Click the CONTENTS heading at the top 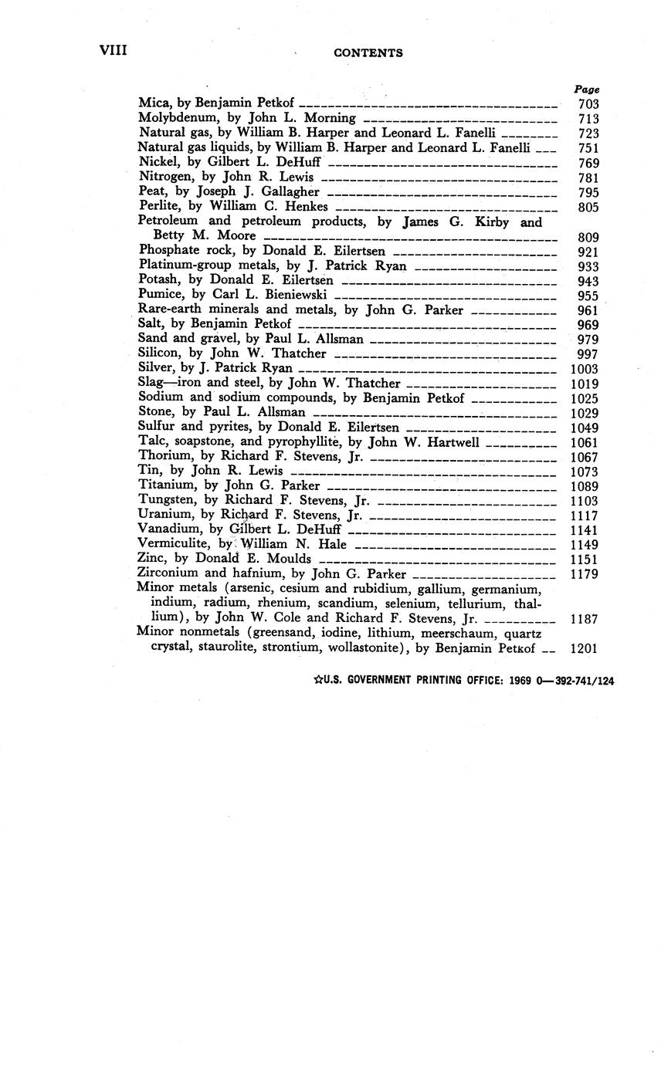pyautogui.click(x=368, y=53)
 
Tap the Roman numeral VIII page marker pyautogui.click(x=113, y=51)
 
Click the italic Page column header pyautogui.click(x=587, y=90)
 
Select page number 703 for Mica pyautogui.click(x=588, y=104)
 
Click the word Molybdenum pyautogui.click(x=175, y=118)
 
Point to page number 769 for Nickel pyautogui.click(x=588, y=163)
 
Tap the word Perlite pyautogui.click(x=158, y=206)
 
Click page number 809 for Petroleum pyautogui.click(x=588, y=238)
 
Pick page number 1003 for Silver pyautogui.click(x=585, y=369)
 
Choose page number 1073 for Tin pyautogui.click(x=585, y=472)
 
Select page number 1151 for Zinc pyautogui.click(x=585, y=559)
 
